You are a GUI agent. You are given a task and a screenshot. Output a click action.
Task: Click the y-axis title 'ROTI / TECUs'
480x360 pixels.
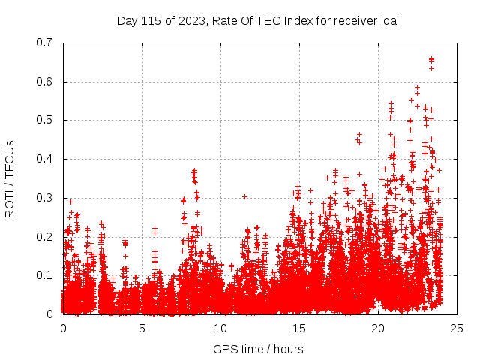[x=10, y=178]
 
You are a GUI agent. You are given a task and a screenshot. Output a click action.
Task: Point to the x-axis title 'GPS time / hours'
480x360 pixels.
[x=258, y=349]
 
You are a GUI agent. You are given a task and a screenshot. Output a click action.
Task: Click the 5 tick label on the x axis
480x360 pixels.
[x=142, y=328]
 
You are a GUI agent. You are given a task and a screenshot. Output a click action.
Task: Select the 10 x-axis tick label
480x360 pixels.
[x=220, y=328]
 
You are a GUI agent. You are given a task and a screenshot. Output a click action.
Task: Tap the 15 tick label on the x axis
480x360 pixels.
[x=299, y=328]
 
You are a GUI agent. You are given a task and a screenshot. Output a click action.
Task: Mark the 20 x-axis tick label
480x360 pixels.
[x=378, y=328]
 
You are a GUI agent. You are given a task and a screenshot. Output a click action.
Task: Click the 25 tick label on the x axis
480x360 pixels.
[x=457, y=328]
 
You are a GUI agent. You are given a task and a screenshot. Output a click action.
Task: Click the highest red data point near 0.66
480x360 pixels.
[x=431, y=59]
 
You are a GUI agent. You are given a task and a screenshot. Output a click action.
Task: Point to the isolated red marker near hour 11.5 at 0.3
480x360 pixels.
[x=244, y=196]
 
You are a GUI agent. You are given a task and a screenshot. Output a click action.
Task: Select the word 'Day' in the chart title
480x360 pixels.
[x=127, y=20]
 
